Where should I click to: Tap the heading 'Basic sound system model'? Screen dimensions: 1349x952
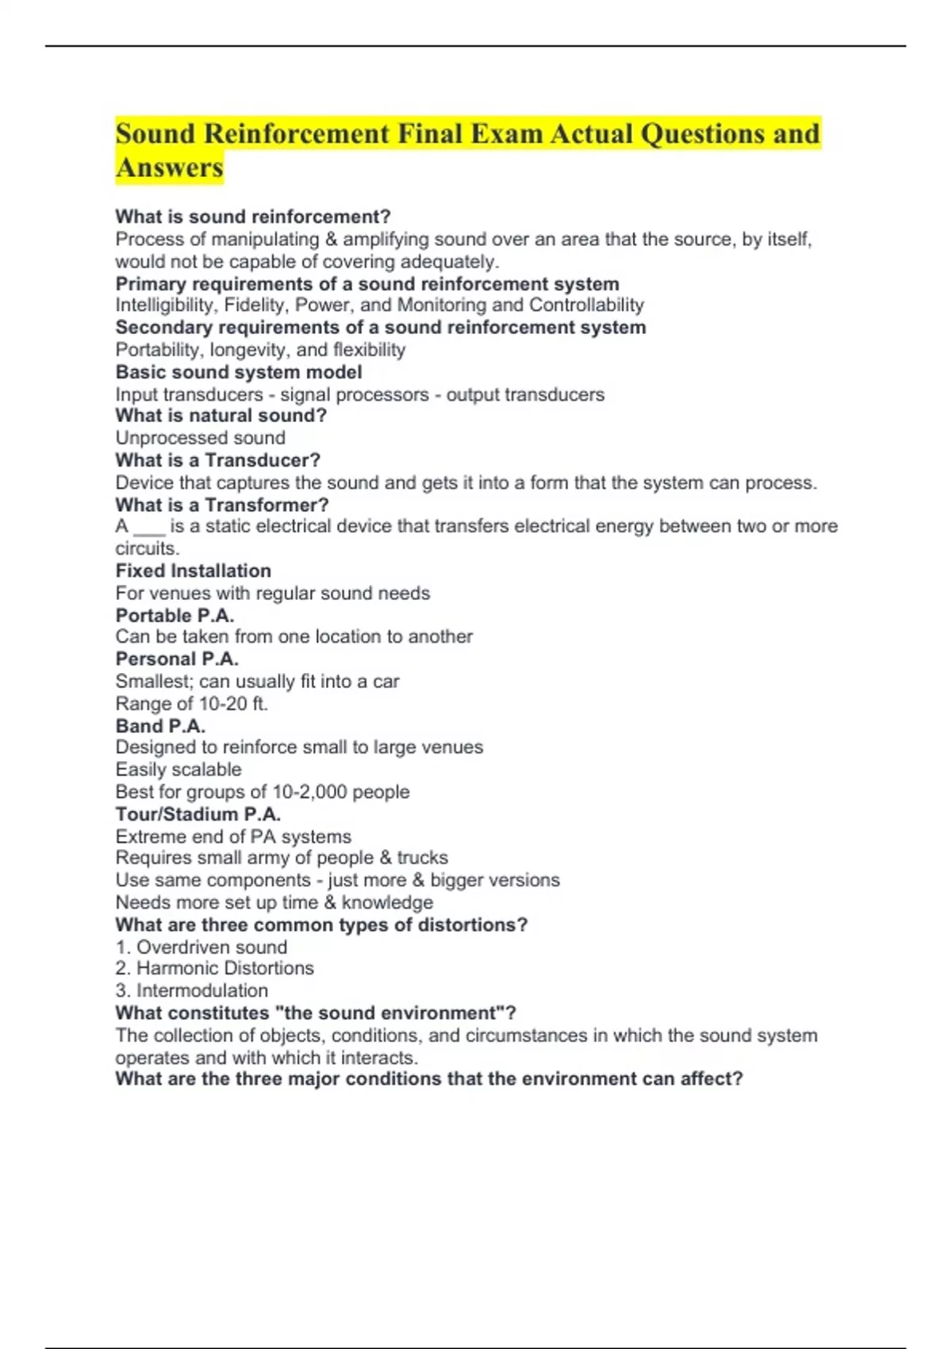point(239,372)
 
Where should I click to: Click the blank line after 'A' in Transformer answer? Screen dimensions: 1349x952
point(149,528)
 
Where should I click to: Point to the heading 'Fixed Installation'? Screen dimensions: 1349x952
point(193,571)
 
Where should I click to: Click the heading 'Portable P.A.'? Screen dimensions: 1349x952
point(175,615)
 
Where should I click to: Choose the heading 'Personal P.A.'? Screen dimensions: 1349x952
point(177,659)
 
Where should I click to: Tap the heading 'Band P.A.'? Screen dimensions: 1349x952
point(160,726)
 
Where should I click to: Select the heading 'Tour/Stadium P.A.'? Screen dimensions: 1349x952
point(198,814)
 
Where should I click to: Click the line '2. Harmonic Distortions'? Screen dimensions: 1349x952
point(214,968)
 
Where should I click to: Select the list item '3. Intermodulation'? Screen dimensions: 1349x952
point(191,990)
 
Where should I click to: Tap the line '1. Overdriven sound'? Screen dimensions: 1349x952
point(201,947)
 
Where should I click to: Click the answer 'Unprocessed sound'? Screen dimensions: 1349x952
point(200,438)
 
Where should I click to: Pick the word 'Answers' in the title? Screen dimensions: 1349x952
point(170,168)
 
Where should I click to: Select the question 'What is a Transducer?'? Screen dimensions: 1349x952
point(217,460)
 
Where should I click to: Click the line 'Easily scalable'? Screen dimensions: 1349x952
point(178,770)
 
